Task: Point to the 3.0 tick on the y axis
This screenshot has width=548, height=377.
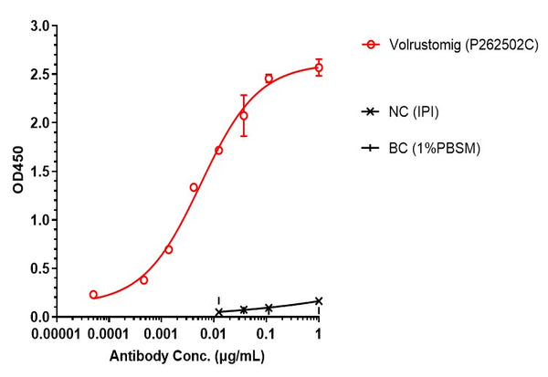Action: [38, 26]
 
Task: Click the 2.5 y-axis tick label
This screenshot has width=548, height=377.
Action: [38, 74]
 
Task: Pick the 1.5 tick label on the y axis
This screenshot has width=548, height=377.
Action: [38, 172]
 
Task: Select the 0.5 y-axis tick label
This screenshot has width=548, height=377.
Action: [38, 268]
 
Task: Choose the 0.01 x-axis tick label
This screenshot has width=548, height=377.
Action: [216, 334]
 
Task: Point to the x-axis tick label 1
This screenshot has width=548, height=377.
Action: [319, 334]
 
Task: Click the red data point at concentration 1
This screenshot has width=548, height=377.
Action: [319, 68]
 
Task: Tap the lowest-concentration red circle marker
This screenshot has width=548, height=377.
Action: [93, 295]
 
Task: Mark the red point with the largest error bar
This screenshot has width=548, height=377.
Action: [244, 116]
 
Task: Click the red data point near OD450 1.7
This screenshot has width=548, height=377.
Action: [218, 150]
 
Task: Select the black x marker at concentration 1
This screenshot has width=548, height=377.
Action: [319, 300]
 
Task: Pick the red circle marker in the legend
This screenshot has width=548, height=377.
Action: [371, 43]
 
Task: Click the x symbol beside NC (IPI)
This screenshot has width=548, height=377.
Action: [371, 111]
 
